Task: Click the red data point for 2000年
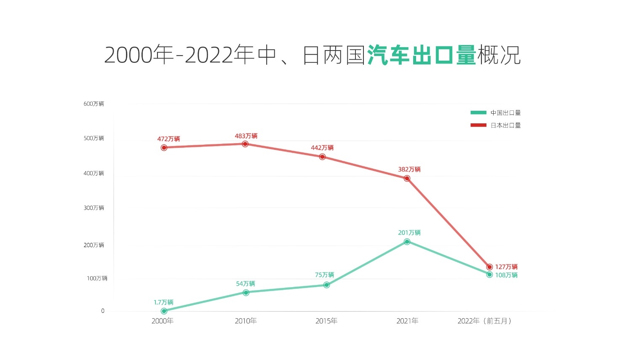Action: click(164, 148)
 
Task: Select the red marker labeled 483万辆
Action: click(245, 144)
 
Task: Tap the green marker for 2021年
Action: click(407, 242)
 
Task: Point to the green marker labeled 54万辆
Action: click(246, 293)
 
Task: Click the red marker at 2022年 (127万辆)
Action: click(489, 267)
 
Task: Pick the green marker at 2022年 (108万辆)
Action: click(489, 275)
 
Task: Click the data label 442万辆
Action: click(322, 148)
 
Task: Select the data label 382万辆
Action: click(409, 169)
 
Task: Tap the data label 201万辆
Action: click(409, 232)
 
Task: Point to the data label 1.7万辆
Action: click(163, 302)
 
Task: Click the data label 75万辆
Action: click(325, 275)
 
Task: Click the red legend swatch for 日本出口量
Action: click(478, 125)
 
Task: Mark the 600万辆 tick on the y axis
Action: click(93, 104)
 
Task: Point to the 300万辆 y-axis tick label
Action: click(93, 208)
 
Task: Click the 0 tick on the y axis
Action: click(103, 311)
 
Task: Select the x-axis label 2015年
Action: click(326, 321)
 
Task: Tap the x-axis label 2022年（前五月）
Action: click(484, 321)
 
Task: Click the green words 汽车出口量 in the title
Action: click(422, 55)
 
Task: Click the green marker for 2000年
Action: click(164, 311)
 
